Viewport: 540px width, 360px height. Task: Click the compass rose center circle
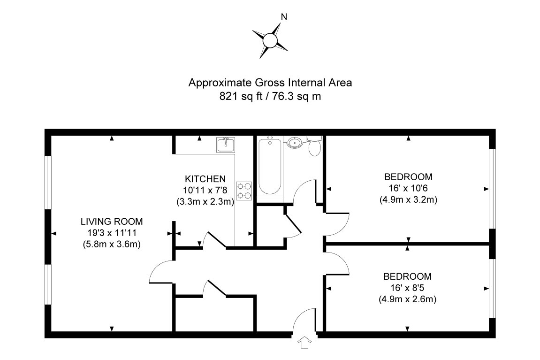270,40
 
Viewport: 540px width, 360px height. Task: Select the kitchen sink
226,145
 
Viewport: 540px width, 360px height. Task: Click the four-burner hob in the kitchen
244,191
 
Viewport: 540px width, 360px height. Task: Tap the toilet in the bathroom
315,147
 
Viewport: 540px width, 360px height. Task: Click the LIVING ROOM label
111,222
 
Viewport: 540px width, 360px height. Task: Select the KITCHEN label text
205,179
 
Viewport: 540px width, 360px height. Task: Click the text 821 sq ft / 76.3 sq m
270,96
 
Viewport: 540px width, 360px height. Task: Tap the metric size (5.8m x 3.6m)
111,244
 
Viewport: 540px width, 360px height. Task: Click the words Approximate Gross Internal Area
270,83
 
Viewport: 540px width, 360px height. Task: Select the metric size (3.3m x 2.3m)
205,202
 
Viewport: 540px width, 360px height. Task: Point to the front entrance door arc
304,319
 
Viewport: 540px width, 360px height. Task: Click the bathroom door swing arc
304,190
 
